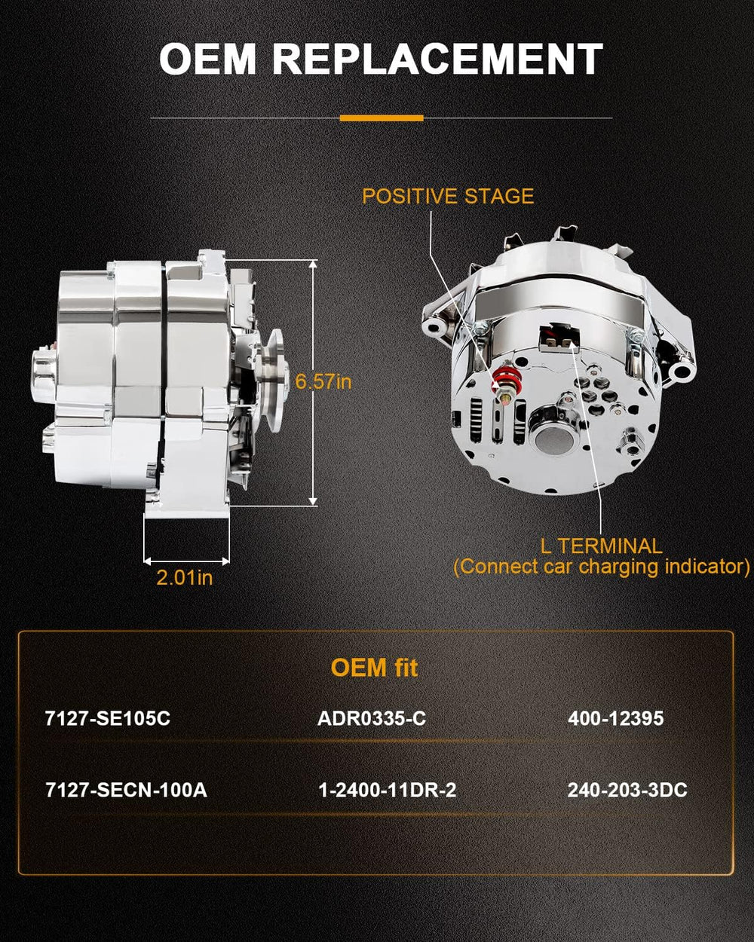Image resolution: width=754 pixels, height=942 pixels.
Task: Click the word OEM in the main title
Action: point(207,59)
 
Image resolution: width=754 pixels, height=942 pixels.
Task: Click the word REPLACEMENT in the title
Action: point(437,59)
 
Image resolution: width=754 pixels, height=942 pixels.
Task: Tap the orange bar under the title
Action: point(382,118)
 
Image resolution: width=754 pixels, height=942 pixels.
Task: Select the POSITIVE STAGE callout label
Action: point(448,196)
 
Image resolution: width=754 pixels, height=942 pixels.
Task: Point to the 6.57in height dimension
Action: point(323,382)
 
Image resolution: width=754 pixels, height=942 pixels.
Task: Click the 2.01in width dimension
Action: point(185,578)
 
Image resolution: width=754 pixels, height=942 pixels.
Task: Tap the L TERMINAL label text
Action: point(601,546)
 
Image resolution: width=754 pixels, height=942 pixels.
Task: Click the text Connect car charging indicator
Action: point(601,567)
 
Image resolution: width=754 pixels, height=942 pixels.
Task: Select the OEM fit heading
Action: point(375,668)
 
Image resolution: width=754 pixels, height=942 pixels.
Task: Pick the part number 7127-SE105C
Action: point(107,719)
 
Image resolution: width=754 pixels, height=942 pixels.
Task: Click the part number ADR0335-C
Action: point(372,719)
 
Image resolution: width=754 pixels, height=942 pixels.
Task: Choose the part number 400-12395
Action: point(615,719)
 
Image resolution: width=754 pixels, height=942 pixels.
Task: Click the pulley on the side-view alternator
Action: point(272,380)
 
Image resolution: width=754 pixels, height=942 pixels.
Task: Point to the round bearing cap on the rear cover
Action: point(553,442)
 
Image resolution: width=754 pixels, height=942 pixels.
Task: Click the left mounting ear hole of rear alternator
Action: point(434,326)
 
